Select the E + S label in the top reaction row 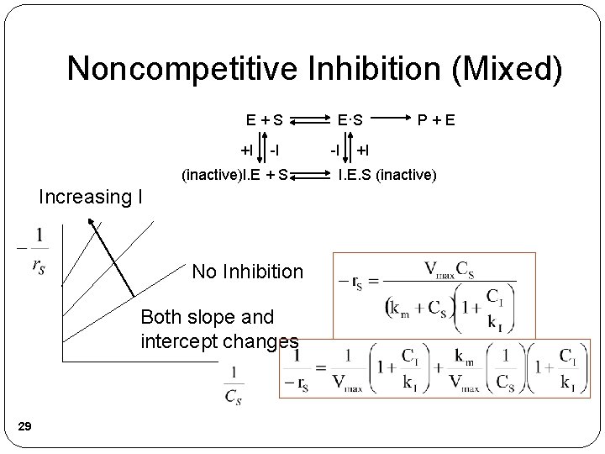pyautogui.click(x=264, y=119)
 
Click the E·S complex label pyautogui.click(x=348, y=119)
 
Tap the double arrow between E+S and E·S pyautogui.click(x=309, y=119)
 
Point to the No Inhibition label pyautogui.click(x=247, y=272)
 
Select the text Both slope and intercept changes pyautogui.click(x=219, y=330)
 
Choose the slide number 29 pyautogui.click(x=25, y=429)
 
